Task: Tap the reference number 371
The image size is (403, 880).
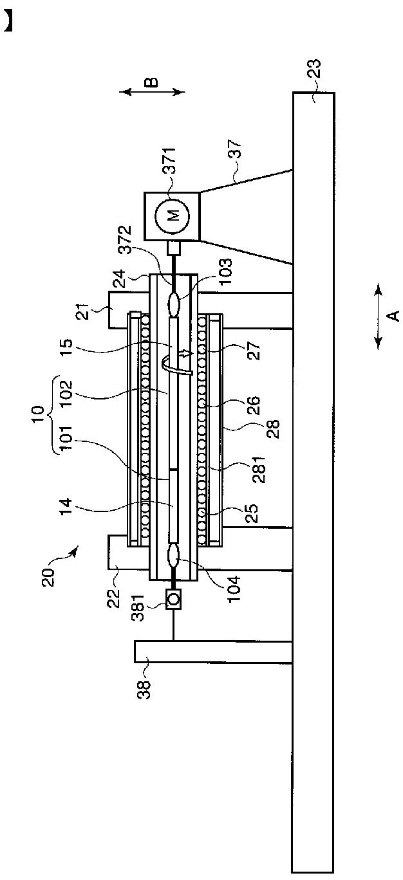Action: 170,161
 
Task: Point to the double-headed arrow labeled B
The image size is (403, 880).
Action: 152,92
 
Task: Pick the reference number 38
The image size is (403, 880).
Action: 144,689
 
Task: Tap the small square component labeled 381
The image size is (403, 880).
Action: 173,599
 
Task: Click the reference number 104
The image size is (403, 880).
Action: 233,589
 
